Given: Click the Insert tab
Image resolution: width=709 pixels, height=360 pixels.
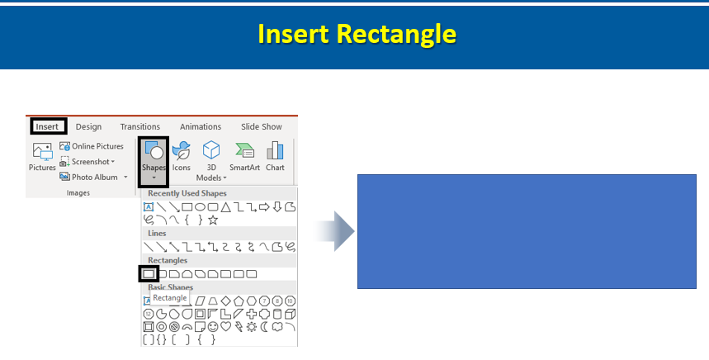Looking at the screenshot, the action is (48, 126).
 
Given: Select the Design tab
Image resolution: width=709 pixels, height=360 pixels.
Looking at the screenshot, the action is (88, 126).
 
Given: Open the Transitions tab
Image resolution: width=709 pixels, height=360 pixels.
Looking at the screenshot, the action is (139, 126).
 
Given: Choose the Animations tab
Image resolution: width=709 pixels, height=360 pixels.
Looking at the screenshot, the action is (201, 126).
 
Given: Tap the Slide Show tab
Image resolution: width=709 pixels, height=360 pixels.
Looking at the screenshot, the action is (262, 126).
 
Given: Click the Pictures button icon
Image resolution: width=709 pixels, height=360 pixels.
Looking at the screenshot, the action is (42, 152).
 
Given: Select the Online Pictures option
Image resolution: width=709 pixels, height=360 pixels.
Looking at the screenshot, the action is (92, 146).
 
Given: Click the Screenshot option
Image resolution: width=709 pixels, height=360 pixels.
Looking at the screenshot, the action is (87, 162).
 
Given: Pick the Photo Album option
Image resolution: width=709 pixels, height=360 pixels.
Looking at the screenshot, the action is (93, 177).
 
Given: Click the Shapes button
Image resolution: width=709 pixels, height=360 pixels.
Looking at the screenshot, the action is (154, 162).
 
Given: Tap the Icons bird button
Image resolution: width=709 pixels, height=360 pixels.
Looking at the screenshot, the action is (182, 150).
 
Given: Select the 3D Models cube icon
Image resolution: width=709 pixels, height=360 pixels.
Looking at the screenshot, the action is (211, 150).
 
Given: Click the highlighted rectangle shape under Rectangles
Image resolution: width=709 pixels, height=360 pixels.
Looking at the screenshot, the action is (149, 273).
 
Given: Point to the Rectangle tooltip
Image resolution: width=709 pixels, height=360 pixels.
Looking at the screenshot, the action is (170, 298).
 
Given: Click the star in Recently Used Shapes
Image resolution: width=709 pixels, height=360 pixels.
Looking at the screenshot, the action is (213, 220).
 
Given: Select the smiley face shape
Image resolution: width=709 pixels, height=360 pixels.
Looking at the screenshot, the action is (212, 326).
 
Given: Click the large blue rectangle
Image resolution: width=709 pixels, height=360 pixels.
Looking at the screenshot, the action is (527, 231).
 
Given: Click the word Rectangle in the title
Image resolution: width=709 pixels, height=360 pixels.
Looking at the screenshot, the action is (396, 34).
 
